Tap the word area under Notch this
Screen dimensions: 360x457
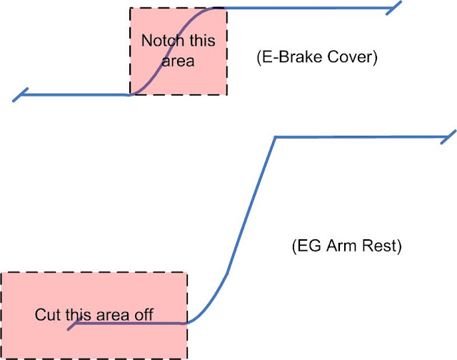(178, 61)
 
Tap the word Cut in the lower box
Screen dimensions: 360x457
(46, 314)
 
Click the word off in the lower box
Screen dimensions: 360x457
(144, 314)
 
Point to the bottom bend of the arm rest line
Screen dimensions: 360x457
(193, 321)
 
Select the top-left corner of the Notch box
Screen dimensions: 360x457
(130, 9)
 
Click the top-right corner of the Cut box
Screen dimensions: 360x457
(187, 272)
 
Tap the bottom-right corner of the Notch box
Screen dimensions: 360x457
(227, 94)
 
